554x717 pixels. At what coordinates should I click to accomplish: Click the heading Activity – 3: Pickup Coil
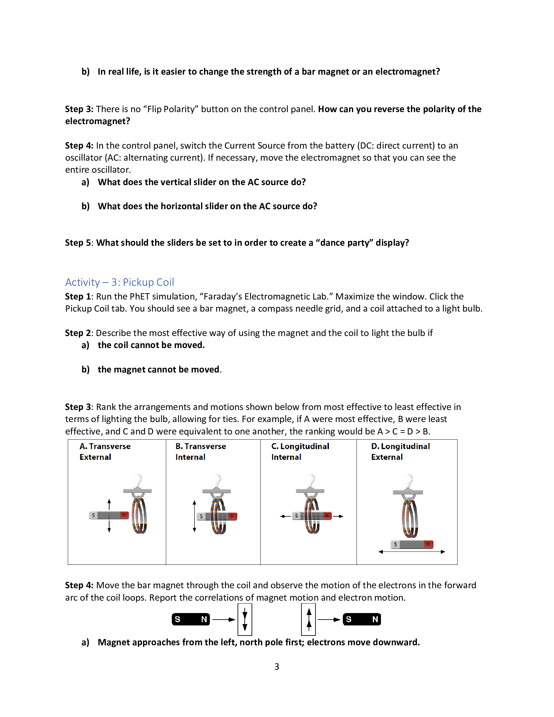120,282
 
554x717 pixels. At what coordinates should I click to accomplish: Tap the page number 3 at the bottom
277,666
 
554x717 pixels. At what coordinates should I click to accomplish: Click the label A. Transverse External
105,451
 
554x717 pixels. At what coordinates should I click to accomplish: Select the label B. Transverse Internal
200,451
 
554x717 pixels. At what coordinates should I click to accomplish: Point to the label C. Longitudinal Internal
300,451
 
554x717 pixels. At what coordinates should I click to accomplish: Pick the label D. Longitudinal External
400,451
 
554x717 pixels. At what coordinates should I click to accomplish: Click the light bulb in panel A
138,481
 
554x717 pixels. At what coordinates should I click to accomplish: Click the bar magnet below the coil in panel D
412,544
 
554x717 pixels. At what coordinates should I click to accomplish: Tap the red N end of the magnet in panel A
124,515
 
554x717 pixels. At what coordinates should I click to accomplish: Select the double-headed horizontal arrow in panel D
412,552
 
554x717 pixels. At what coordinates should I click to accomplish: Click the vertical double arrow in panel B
194,516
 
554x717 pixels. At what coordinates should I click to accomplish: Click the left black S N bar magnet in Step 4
191,619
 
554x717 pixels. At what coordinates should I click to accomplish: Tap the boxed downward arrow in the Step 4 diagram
245,619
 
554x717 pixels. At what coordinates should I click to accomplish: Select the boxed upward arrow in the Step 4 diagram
309,619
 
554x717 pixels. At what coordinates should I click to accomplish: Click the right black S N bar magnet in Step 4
362,619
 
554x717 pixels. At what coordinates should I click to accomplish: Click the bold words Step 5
79,242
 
